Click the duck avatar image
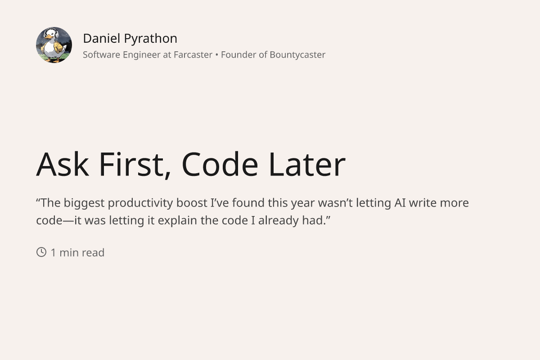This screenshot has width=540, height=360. [x=54, y=45]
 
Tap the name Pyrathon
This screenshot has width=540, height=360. [x=150, y=39]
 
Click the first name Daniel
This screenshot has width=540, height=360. [x=102, y=39]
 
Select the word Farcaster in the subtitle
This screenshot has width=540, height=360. [x=193, y=55]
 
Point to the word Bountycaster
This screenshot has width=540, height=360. [x=297, y=55]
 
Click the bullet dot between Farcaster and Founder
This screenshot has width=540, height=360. [x=216, y=55]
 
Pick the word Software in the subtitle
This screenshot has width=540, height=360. [x=102, y=55]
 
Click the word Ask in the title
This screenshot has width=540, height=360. [x=62, y=164]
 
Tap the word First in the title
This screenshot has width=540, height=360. [x=132, y=164]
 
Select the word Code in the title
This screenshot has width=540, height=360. [x=220, y=164]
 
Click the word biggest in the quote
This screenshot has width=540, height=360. [x=84, y=203]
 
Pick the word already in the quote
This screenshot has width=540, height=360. [x=279, y=221]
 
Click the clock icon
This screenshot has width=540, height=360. [x=41, y=252]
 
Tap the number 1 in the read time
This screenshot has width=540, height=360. [x=54, y=253]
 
